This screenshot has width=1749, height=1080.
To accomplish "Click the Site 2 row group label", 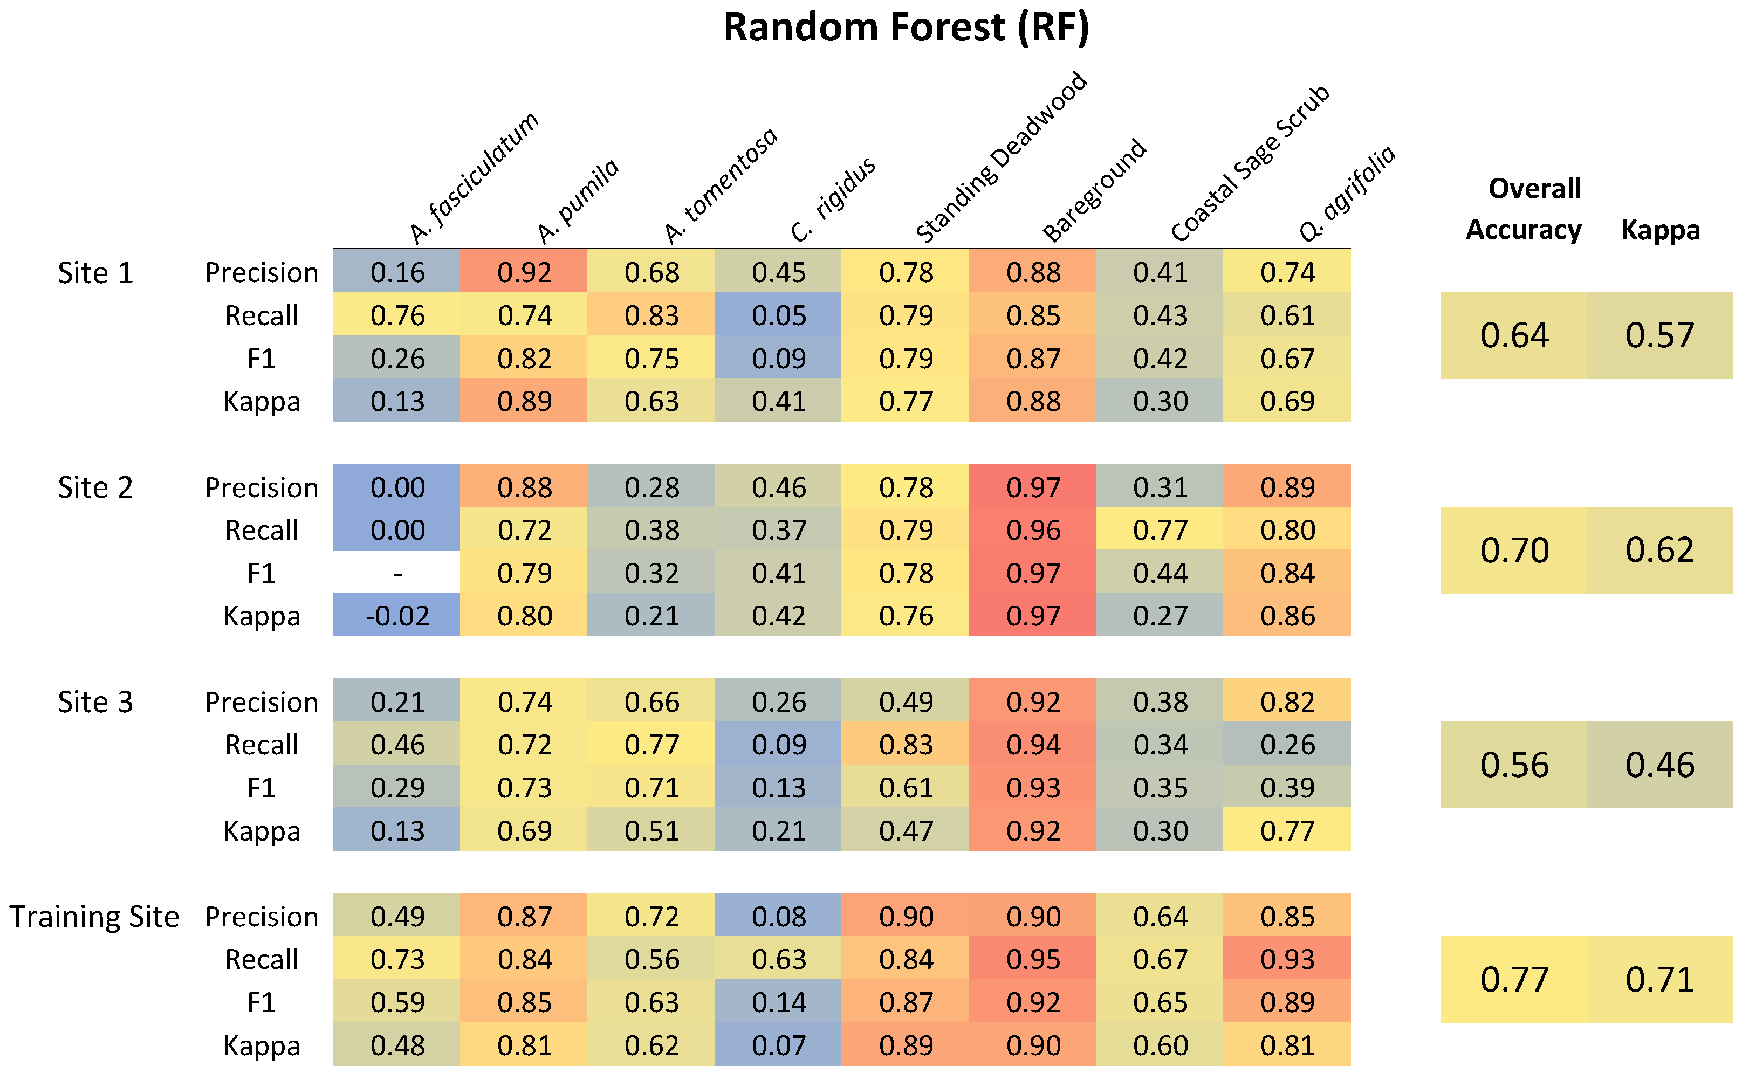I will [x=95, y=488].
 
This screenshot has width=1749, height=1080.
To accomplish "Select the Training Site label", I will [x=94, y=917].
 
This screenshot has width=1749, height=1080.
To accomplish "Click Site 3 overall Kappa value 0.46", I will [x=1659, y=766].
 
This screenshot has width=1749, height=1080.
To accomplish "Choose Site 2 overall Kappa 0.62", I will [x=1659, y=551].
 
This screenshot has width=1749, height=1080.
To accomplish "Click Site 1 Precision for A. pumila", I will [x=524, y=273].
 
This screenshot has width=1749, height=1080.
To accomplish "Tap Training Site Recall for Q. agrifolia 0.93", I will [x=1287, y=960].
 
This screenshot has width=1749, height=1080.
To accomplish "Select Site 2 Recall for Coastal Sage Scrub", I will [x=1160, y=531].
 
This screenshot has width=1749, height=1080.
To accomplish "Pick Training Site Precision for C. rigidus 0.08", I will [x=778, y=917].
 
